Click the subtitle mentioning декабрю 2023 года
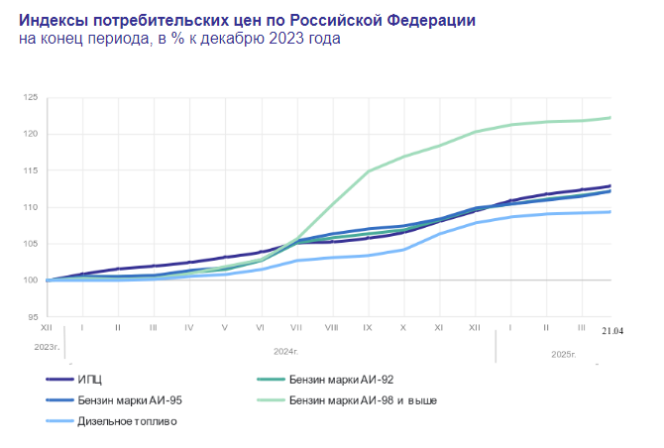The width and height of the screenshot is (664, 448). click(178, 39)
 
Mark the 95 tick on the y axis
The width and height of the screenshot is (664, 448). click(32, 317)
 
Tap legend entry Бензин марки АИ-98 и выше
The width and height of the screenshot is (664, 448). click(363, 400)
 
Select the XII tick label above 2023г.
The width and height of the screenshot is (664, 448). click(47, 326)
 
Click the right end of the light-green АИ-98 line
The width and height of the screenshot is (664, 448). click(609, 118)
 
